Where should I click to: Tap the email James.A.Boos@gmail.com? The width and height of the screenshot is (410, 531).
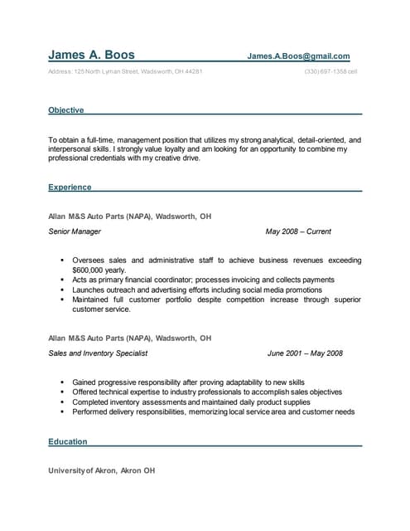point(298,56)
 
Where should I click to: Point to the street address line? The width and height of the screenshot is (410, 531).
point(125,71)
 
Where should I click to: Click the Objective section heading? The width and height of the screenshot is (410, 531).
point(65,109)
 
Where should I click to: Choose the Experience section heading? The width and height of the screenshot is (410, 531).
point(70,188)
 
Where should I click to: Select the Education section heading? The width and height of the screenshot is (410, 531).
point(68,442)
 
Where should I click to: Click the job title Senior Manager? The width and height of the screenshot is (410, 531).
point(75,231)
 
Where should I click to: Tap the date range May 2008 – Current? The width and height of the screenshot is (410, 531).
point(298,231)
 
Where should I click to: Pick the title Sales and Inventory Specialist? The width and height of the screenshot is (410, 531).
point(98,353)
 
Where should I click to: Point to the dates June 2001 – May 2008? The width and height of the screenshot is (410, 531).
point(305,353)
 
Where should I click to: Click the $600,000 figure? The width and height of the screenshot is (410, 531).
point(89,270)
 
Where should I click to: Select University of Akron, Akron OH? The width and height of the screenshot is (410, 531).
point(102,470)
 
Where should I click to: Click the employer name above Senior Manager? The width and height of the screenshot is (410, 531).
point(130,216)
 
